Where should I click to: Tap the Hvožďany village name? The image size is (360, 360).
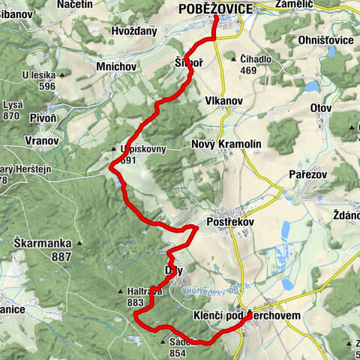(134, 31)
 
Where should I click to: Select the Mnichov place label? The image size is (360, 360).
(115, 67)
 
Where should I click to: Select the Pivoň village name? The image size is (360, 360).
(42, 118)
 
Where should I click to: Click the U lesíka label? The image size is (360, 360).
(40, 74)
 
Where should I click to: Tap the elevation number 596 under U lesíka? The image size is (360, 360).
(48, 86)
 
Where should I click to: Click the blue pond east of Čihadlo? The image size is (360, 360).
(311, 86)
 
